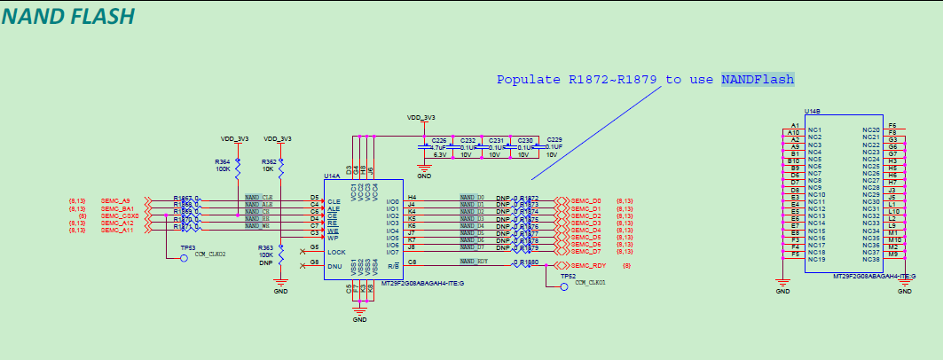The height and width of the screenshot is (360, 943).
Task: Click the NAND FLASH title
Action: [68, 16]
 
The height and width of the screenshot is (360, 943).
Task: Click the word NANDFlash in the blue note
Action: [757, 80]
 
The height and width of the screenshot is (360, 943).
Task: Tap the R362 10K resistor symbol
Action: [281, 164]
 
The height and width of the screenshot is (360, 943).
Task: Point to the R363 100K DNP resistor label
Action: [264, 254]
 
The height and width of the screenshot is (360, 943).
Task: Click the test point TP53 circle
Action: [184, 259]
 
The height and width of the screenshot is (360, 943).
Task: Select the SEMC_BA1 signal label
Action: [117, 208]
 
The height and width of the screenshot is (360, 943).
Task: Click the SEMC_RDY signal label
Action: [587, 266]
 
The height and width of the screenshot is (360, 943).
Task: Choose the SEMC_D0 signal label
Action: [586, 200]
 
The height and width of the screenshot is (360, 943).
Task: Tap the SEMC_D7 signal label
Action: [586, 251]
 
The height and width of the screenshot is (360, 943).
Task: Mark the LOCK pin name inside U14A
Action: [335, 252]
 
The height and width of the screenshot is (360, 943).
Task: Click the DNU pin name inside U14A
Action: [334, 266]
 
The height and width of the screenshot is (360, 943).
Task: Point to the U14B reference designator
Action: [812, 111]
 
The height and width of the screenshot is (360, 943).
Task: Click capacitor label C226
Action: [438, 140]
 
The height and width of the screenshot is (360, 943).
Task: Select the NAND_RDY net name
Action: [474, 262]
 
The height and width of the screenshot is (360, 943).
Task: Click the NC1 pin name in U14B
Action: [814, 129]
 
